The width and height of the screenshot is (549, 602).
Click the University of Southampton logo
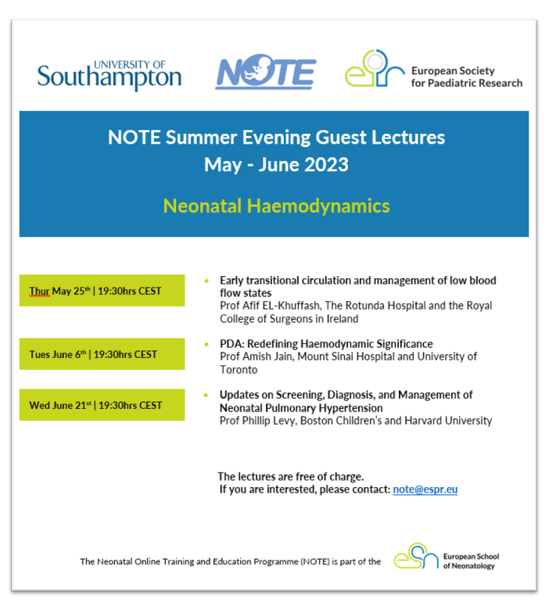click(x=109, y=74)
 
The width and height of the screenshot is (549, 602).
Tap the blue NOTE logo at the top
click(x=265, y=73)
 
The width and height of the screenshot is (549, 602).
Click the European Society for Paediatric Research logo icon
click(x=374, y=69)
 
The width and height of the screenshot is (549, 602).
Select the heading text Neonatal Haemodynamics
click(x=276, y=206)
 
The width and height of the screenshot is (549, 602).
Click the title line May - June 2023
click(x=276, y=165)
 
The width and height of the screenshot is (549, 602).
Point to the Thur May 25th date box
click(x=102, y=291)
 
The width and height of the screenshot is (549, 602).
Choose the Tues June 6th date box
click(x=102, y=354)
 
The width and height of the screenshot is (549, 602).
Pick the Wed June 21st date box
click(x=102, y=405)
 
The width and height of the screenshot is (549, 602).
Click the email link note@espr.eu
click(x=425, y=489)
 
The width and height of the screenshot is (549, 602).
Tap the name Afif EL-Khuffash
click(x=283, y=306)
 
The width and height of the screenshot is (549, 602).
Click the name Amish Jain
click(x=270, y=357)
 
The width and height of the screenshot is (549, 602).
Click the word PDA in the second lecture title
click(x=230, y=344)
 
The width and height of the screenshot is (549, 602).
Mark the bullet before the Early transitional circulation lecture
click(x=206, y=281)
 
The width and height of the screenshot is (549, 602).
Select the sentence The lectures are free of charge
click(x=290, y=476)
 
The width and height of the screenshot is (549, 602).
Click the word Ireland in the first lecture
click(x=342, y=318)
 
